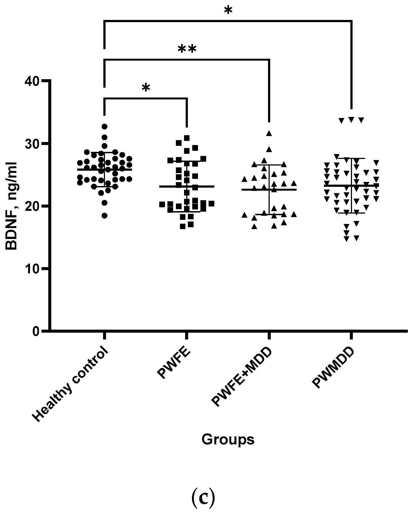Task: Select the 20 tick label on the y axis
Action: [x=33, y=206]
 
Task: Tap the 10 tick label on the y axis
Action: [x=33, y=268]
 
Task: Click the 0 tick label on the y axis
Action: [x=37, y=331]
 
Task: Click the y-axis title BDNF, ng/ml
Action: [x=11, y=206]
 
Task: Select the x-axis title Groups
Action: [x=228, y=440]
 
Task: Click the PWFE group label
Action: [x=174, y=363]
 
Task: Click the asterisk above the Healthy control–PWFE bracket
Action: [x=146, y=88]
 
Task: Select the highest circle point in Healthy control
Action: [x=104, y=126]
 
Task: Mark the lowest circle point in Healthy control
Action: [x=104, y=216]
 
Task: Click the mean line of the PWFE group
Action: [x=187, y=187]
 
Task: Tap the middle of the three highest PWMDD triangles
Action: [x=351, y=120]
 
